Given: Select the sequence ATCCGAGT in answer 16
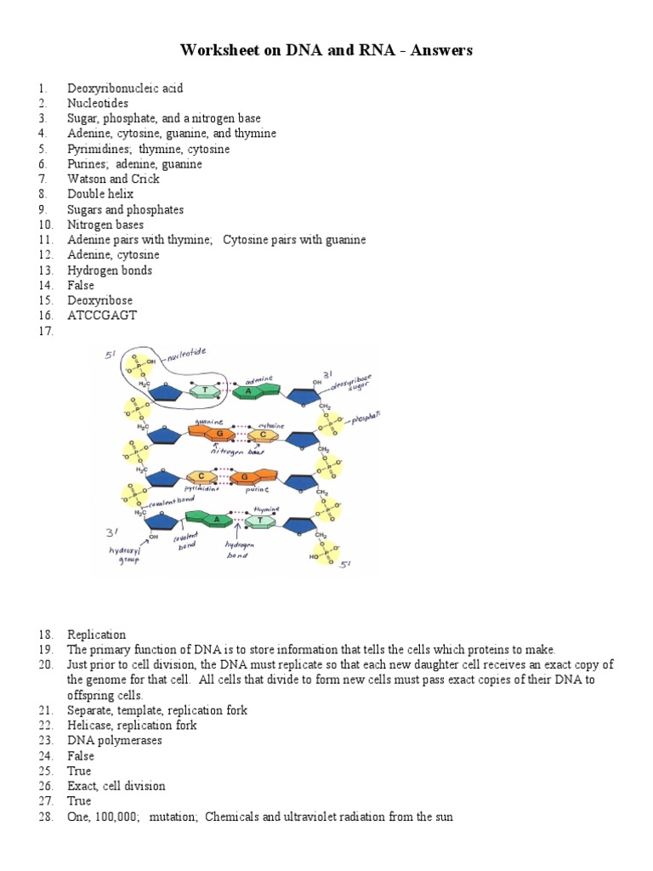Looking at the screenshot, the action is coord(102,316).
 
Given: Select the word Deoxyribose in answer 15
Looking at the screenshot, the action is coord(100,300).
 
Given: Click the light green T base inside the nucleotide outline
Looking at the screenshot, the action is coord(204,390).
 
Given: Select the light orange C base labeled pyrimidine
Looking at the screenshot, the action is coord(201,477).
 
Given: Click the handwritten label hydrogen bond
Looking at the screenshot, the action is coord(237,549).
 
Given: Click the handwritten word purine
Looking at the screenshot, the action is coord(257,491).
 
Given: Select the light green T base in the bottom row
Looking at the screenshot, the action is coord(253,520).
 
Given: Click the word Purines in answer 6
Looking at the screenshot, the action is coord(88,164).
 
